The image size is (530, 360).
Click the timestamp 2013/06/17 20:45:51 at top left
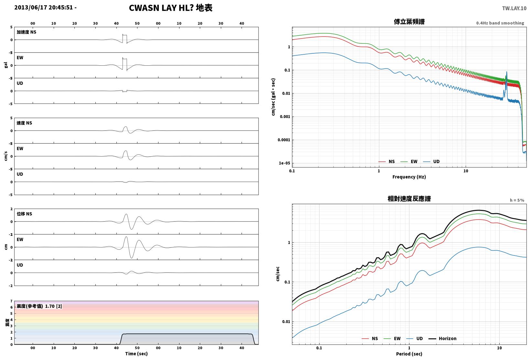pyautogui.click(x=44, y=7)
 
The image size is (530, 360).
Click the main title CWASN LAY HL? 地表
pyautogui.click(x=171, y=8)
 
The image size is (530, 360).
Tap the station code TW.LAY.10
pyautogui.click(x=514, y=8)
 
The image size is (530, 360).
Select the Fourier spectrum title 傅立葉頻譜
pyautogui.click(x=409, y=22)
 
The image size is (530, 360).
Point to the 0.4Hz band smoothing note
pyautogui.click(x=500, y=23)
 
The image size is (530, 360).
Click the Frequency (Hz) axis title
pyautogui.click(x=409, y=177)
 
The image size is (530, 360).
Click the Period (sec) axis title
pyautogui.click(x=409, y=354)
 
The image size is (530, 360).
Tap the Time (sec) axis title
pyautogui.click(x=136, y=354)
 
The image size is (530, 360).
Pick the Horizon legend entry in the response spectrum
pyautogui.click(x=443, y=338)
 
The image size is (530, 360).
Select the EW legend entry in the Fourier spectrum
pyautogui.click(x=409, y=161)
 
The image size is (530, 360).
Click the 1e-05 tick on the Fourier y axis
pyautogui.click(x=284, y=163)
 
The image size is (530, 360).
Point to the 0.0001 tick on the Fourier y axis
pyautogui.click(x=284, y=140)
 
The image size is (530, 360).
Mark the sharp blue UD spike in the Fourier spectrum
pyautogui.click(x=507, y=72)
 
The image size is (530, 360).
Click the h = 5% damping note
pyautogui.click(x=517, y=200)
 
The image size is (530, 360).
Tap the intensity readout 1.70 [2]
pyautogui.click(x=53, y=306)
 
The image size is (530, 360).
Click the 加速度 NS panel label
pyautogui.click(x=26, y=32)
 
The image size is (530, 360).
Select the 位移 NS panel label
pyautogui.click(x=24, y=214)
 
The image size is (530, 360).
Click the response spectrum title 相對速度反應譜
pyautogui.click(x=409, y=199)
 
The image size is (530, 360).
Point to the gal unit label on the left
pyautogui.click(x=6, y=65)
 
